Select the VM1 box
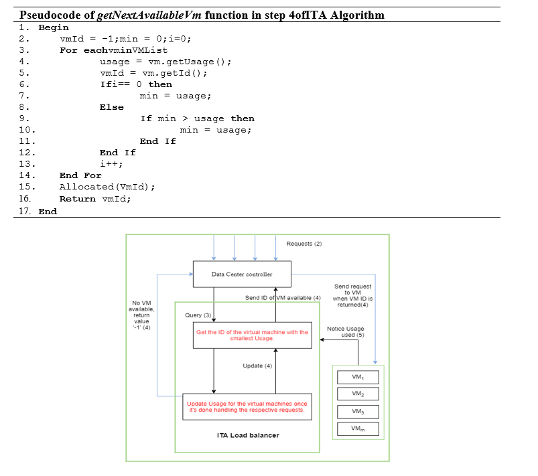pos(358,377)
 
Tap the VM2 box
pos(358,394)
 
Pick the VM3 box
pos(358,411)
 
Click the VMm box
pos(358,428)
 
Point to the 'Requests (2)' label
pos(304,244)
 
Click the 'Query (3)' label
pos(198,315)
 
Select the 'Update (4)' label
pos(257,366)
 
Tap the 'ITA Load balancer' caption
pos(248,435)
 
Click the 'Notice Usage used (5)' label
pos(345,331)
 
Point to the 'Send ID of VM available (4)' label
pos(283,297)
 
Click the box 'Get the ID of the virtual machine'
pos(252,335)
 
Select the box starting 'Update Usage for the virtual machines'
pos(247,406)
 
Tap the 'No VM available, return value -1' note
pos(141,315)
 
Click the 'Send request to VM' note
pos(352,295)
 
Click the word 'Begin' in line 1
pos(54,27)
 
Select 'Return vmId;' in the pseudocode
pos(95,199)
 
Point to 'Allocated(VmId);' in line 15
pos(107,187)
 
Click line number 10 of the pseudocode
pos(27,130)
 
